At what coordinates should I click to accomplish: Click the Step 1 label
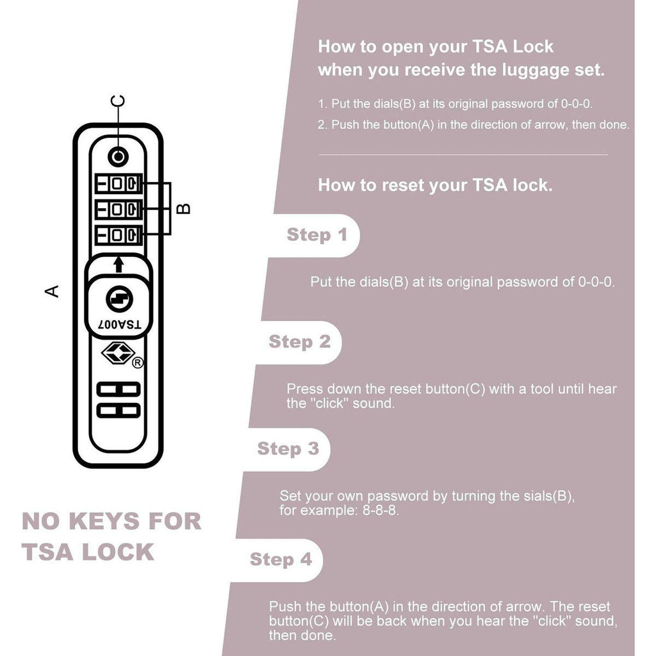point(316,234)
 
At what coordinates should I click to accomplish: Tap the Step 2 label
point(299,341)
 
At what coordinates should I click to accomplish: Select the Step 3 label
point(288,448)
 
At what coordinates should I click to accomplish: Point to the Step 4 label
point(281,559)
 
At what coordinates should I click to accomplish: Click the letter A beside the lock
point(52,291)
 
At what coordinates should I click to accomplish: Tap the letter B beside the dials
point(183,208)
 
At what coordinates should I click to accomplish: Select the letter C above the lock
point(118,101)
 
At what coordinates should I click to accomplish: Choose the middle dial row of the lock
point(118,209)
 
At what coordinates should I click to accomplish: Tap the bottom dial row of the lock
point(118,234)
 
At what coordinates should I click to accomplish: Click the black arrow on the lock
point(118,264)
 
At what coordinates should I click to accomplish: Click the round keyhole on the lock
point(118,298)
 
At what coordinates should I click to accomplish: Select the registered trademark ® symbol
point(137,363)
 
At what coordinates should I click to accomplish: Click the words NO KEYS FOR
point(111,521)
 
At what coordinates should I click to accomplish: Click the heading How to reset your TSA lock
point(435,186)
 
